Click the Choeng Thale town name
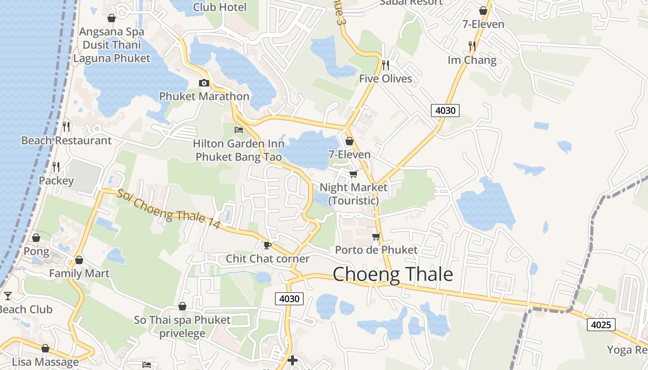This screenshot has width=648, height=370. [x=393, y=274]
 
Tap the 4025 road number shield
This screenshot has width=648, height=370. [x=601, y=325]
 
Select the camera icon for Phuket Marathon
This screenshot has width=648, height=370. [x=204, y=83]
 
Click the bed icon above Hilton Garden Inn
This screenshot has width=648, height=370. [x=239, y=129]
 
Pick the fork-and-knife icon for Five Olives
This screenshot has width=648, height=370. [x=386, y=65]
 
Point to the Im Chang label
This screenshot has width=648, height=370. [x=472, y=60]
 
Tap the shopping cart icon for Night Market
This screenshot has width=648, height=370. [x=353, y=174]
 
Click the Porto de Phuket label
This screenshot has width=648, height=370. [x=376, y=250]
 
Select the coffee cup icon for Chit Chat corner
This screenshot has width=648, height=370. [x=267, y=245]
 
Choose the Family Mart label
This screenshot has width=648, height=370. [x=79, y=273]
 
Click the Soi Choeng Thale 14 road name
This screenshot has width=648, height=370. [x=168, y=209]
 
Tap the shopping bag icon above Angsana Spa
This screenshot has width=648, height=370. [x=112, y=18]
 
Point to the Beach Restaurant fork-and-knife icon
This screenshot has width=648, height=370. [x=67, y=126]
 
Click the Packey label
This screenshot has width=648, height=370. [x=56, y=180]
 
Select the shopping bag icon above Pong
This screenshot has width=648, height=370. [x=36, y=238]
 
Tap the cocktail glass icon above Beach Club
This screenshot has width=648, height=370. [x=7, y=296]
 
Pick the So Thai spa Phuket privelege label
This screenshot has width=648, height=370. [x=182, y=327]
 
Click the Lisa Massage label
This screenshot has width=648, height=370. [x=45, y=362]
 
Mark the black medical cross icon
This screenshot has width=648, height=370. [x=293, y=360]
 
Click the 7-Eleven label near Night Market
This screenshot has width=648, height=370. [x=349, y=154]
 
